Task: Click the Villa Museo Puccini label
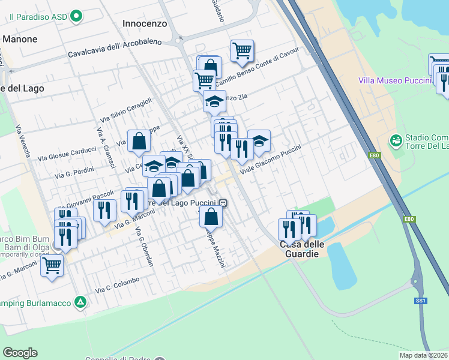(x=395, y=80)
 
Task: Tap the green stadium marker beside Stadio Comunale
(x=396, y=141)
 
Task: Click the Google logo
(x=20, y=353)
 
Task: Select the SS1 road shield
(x=420, y=300)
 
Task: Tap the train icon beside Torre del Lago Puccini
(x=223, y=203)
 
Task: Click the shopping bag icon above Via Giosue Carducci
(x=139, y=142)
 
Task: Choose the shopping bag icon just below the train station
(x=211, y=215)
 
